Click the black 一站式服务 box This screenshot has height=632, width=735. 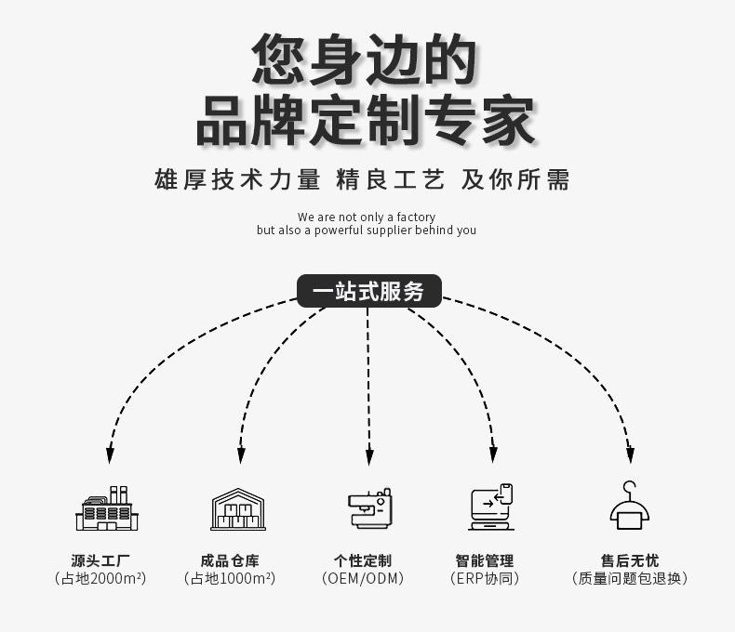click(369, 291)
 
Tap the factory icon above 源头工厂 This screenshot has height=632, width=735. click(107, 508)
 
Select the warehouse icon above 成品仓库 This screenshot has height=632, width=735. click(238, 509)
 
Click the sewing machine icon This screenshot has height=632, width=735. click(370, 508)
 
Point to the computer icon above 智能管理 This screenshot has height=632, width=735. click(491, 507)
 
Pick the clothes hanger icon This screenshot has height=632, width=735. click(630, 505)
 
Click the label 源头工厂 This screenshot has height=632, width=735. click(100, 560)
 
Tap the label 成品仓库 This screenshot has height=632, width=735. click(230, 560)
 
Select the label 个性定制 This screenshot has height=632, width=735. click(363, 560)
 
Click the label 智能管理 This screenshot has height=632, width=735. click(485, 560)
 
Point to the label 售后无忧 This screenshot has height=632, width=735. click(630, 560)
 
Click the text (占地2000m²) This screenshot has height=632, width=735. click(100, 579)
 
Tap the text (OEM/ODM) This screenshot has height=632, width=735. click(363, 579)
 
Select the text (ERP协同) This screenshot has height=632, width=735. click(485, 579)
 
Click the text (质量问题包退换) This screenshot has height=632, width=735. click(630, 579)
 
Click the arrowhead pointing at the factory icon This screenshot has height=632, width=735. click(110, 455)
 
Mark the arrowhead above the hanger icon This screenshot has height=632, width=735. click(631, 455)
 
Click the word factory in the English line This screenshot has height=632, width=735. click(416, 217)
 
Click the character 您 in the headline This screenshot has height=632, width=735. click(279, 59)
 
